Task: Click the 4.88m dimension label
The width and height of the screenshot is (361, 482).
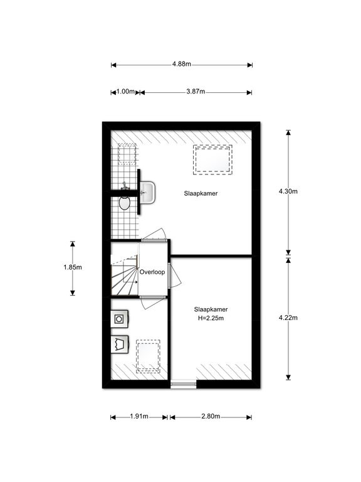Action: click(x=181, y=64)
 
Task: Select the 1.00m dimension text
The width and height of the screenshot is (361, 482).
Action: click(x=125, y=92)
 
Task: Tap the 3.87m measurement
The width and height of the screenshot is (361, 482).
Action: click(x=196, y=92)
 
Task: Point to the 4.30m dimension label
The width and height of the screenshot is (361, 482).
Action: click(x=288, y=191)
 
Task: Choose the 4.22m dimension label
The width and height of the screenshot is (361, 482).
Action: click(x=288, y=318)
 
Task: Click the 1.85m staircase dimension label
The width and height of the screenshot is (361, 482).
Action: click(x=73, y=267)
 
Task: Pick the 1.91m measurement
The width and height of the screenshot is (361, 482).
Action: click(x=139, y=417)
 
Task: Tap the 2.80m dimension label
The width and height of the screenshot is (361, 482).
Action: click(x=211, y=417)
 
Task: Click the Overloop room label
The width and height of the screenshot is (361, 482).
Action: click(x=152, y=272)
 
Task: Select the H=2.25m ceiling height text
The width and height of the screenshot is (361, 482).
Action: click(x=211, y=318)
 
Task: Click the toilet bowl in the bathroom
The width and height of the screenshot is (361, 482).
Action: click(x=124, y=203)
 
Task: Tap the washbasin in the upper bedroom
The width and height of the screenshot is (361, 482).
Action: click(x=148, y=193)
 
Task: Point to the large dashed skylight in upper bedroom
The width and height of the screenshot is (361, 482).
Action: click(x=212, y=159)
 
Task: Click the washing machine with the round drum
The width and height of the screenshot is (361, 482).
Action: click(x=119, y=319)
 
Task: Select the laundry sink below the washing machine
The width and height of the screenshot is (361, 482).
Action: click(x=119, y=345)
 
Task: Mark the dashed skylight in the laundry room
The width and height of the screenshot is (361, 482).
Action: click(x=149, y=356)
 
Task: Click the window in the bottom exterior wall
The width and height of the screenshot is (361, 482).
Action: click(x=183, y=383)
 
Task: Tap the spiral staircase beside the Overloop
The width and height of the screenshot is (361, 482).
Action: click(x=124, y=274)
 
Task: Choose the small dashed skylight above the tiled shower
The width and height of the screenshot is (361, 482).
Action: click(x=127, y=153)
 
